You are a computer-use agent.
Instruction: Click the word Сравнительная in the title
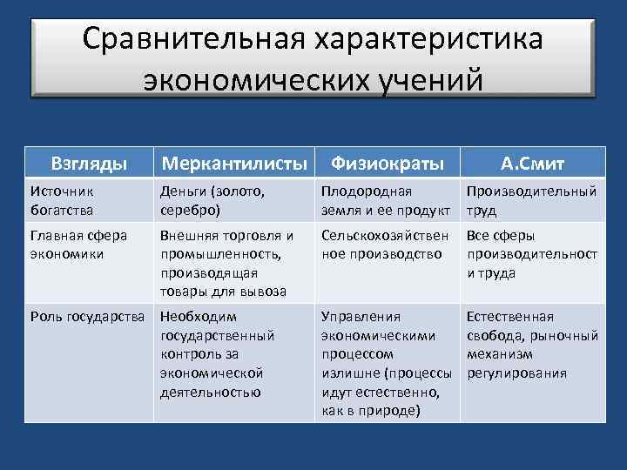[x=189, y=40]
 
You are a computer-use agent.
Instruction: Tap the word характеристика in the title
[x=423, y=40]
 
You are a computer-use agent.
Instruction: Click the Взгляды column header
[x=89, y=163]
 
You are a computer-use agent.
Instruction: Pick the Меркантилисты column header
[x=234, y=163]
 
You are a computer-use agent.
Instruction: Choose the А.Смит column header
[x=532, y=163]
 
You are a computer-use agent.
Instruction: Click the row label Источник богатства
[x=62, y=199]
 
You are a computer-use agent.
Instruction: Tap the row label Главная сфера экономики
[x=78, y=245]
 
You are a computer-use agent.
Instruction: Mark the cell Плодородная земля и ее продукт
[x=385, y=199]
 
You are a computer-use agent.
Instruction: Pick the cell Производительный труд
[x=531, y=199]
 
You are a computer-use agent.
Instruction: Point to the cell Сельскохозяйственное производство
[x=384, y=245]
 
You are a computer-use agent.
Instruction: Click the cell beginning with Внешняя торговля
[x=227, y=263]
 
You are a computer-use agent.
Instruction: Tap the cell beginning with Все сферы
[x=531, y=254]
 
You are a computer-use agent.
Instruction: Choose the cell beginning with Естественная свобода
[x=531, y=345]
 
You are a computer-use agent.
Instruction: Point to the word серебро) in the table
[x=191, y=209]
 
